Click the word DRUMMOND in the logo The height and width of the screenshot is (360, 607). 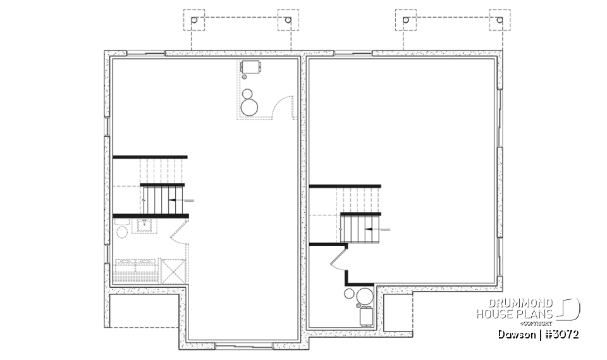[522, 304]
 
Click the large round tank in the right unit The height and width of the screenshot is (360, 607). [364, 296]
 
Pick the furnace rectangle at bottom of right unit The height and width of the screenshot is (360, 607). [365, 315]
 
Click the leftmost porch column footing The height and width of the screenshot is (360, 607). [194, 21]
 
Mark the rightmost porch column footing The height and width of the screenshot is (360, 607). [500, 21]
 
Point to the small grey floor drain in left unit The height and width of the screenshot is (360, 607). [245, 77]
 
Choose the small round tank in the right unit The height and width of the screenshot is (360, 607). [348, 294]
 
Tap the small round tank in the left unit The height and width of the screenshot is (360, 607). [248, 94]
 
